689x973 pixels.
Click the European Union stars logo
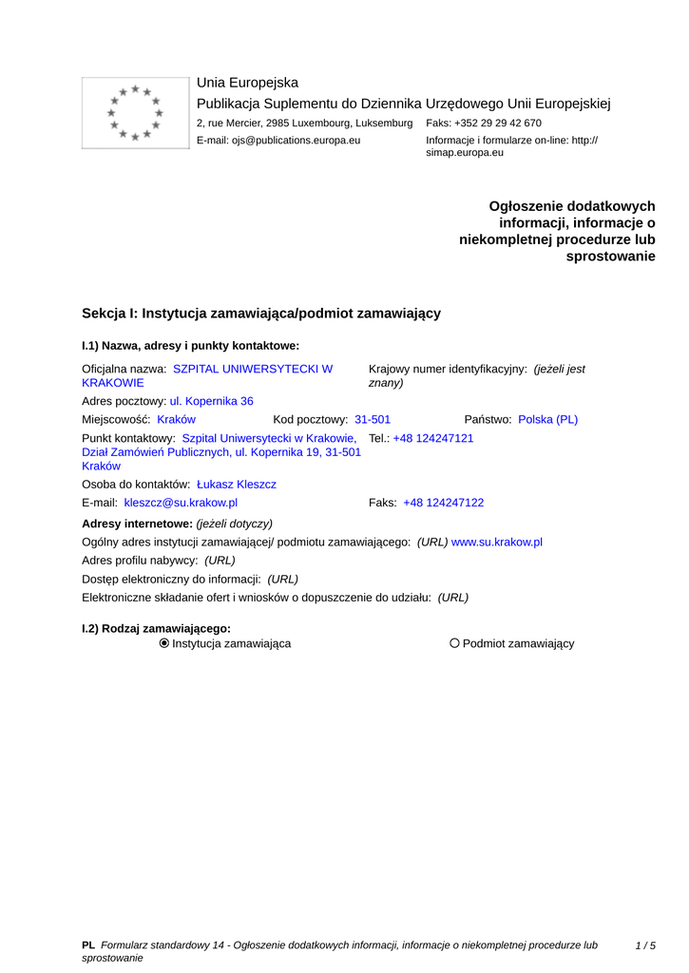pos(136,113)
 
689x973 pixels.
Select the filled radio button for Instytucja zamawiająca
pos(164,643)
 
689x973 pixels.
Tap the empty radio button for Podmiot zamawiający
pos(454,643)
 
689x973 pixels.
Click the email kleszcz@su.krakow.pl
pos(181,503)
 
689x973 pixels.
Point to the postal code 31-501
pos(373,419)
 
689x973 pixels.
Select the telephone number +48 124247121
pos(433,438)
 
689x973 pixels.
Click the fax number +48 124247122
pos(443,503)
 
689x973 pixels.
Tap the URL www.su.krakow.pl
pos(496,542)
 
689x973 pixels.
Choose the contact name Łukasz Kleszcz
pos(237,485)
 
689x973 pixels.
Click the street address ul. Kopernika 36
pos(212,401)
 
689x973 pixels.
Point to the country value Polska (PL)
pos(547,419)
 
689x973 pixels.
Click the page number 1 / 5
pos(645,945)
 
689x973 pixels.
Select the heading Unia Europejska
pos(247,83)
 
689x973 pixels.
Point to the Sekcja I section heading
pos(261,313)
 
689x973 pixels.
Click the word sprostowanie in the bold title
pos(610,257)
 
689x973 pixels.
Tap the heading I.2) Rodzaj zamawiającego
pos(157,628)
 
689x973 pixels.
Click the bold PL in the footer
pos(88,945)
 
